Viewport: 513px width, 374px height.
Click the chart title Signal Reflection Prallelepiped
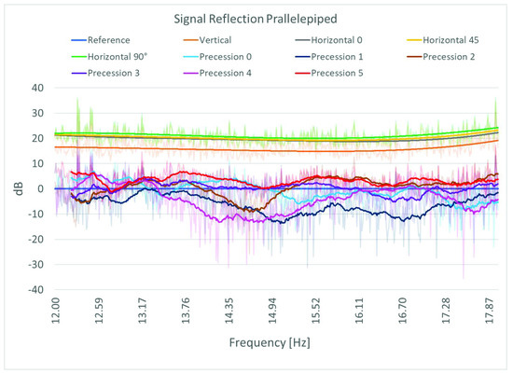(256, 20)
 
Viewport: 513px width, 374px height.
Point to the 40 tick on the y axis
(37, 88)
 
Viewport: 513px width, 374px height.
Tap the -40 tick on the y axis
(35, 289)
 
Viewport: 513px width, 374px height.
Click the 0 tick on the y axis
(40, 188)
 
